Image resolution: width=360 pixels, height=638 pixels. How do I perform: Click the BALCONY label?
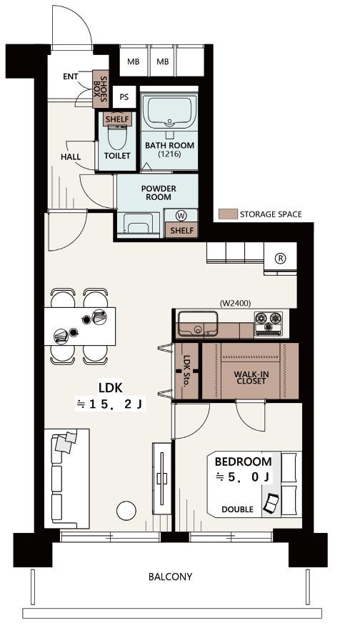tap(170, 576)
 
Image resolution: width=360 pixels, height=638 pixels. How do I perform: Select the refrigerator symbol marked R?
tap(279, 258)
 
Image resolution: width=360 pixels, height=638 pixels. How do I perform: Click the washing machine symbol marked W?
tap(180, 215)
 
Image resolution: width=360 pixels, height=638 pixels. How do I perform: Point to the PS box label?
tap(124, 97)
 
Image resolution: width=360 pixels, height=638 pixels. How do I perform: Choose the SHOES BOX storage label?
tap(100, 89)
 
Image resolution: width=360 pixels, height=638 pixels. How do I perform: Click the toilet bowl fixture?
tap(116, 136)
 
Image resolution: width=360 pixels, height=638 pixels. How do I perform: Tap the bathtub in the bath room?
tap(169, 110)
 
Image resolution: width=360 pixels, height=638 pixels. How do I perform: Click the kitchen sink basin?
tap(197, 323)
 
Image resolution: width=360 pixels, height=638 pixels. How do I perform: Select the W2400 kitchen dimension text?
tap(235, 303)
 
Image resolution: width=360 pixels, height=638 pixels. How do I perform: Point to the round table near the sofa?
tap(126, 510)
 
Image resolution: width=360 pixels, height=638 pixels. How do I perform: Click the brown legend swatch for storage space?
tap(227, 214)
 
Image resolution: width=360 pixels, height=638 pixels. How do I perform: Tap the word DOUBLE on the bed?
tap(237, 509)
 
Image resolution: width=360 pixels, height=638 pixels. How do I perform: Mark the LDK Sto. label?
tap(187, 372)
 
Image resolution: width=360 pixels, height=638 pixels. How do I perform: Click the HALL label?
tap(71, 156)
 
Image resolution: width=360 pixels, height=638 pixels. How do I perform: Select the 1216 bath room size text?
tap(169, 154)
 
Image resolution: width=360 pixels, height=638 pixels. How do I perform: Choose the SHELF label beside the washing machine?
tap(182, 230)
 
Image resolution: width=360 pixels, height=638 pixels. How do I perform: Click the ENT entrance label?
tap(71, 76)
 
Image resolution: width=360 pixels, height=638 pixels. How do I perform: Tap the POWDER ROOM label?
tap(159, 193)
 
